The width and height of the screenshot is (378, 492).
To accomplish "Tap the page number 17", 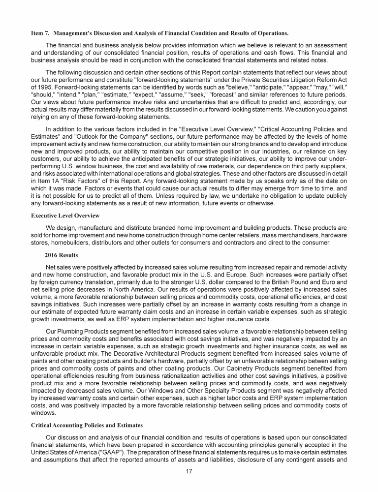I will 189,471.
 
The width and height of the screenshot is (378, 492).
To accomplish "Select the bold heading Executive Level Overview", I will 63,215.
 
